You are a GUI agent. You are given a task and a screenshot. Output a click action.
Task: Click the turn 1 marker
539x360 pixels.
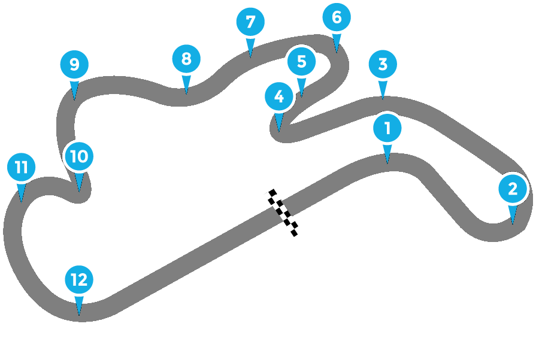(387, 128)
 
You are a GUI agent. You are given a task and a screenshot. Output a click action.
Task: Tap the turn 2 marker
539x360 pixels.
(513, 189)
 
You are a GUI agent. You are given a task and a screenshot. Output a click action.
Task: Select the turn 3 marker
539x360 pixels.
(383, 63)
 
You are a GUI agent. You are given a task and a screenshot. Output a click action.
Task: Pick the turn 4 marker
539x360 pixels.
(278, 96)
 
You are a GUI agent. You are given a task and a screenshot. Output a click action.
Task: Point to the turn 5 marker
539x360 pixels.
(301, 61)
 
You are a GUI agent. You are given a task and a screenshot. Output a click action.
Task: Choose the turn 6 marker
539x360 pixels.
(337, 17)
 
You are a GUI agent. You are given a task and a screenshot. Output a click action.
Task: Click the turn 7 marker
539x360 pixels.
(250, 22)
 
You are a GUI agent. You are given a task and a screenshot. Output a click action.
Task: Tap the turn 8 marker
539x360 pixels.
(186, 59)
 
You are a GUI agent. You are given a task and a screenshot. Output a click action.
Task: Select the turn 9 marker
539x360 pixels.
(74, 64)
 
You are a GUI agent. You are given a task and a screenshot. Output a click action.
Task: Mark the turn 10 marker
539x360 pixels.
(79, 156)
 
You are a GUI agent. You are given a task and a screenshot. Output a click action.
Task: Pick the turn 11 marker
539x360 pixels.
(22, 167)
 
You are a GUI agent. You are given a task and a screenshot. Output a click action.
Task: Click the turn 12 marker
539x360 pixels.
(79, 279)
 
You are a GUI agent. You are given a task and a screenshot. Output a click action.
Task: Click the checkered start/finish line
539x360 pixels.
(283, 211)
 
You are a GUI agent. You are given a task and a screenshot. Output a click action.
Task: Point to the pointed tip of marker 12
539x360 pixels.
(79, 315)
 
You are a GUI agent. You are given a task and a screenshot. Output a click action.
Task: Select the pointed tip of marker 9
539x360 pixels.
(74, 100)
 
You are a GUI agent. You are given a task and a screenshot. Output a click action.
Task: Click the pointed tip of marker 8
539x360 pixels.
(186, 94)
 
